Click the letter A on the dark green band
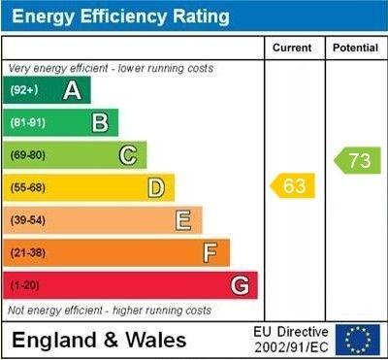(72, 90)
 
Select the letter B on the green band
(100, 122)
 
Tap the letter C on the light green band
(128, 155)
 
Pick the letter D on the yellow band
(156, 188)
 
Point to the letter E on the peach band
(183, 220)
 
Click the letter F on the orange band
(210, 252)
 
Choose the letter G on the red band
(240, 285)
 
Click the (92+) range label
(24, 90)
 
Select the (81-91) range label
(28, 122)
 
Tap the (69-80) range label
(28, 155)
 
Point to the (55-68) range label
(28, 188)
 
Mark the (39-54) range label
(28, 220)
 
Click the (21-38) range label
(28, 252)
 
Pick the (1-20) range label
(24, 285)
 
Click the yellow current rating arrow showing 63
(292, 185)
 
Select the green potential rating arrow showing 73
(357, 160)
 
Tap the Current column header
(292, 48)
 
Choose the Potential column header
(355, 48)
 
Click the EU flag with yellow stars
(358, 340)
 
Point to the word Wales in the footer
(156, 341)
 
